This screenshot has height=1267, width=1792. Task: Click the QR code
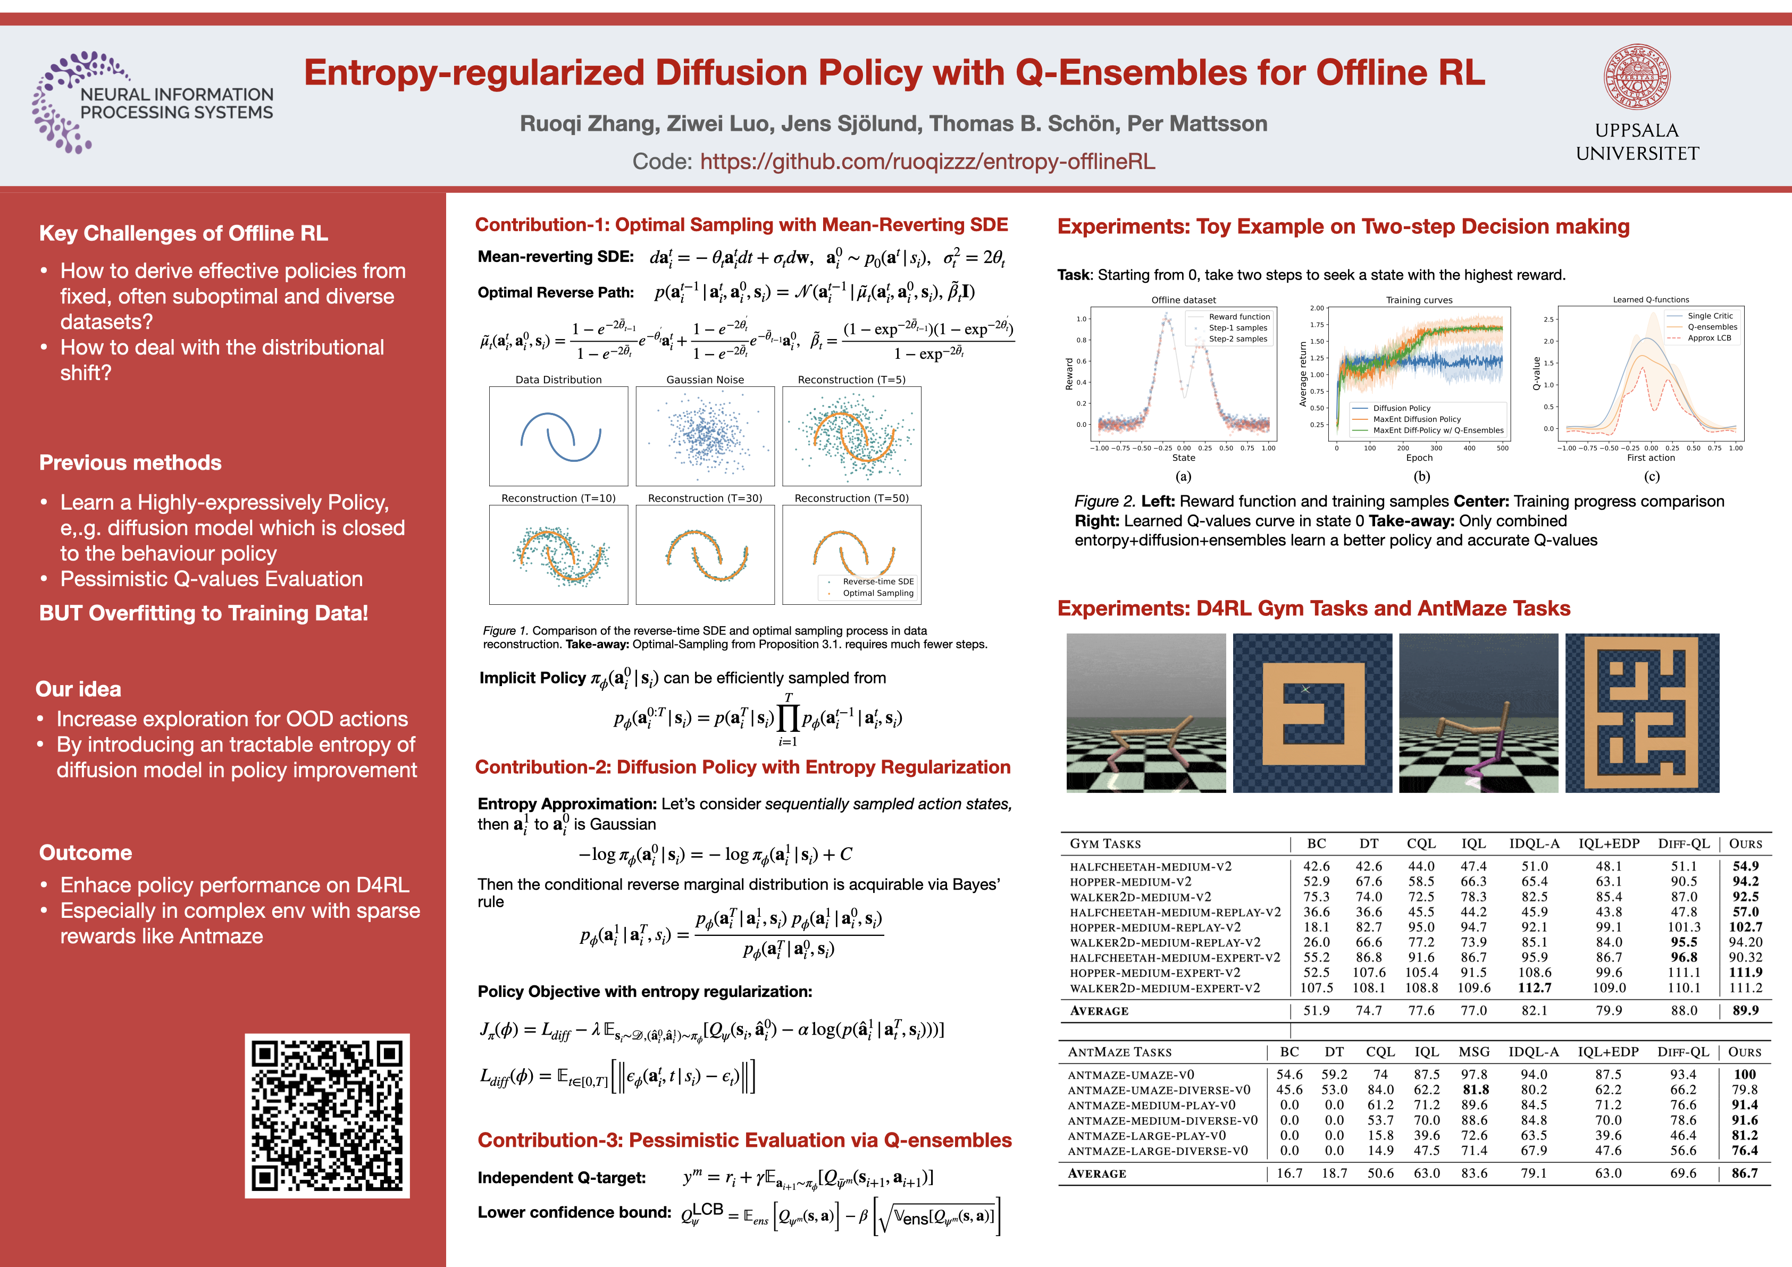point(327,1116)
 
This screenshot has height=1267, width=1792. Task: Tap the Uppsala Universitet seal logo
point(1637,77)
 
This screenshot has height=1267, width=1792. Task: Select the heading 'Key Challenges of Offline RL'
point(183,233)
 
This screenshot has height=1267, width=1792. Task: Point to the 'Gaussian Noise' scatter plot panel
point(705,436)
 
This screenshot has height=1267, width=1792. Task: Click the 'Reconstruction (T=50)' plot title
point(851,498)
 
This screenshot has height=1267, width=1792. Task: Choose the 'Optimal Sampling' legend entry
point(877,593)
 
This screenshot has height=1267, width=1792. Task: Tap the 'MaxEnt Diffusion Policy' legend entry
point(1417,419)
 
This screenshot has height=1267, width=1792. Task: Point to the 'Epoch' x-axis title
point(1419,458)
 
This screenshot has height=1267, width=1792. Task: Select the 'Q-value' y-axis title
point(1536,374)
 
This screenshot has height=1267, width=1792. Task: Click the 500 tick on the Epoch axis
point(1502,448)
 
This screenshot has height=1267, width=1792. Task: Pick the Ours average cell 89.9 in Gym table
point(1745,1010)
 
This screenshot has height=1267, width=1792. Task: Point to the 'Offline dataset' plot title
point(1183,300)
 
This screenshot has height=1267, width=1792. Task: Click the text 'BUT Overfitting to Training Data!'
point(204,613)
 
